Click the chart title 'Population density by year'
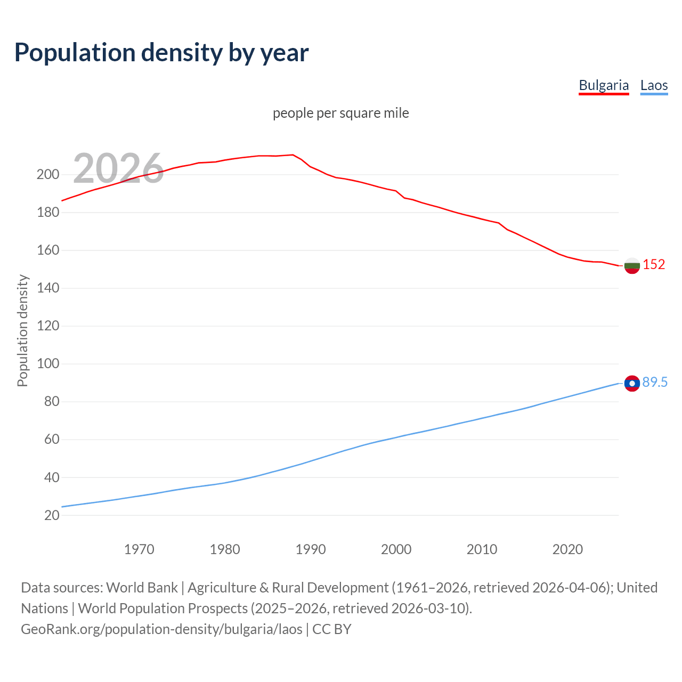tap(161, 53)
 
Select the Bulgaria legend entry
tap(604, 85)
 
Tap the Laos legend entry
tap(654, 85)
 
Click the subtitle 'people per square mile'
tap(340, 113)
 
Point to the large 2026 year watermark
tap(118, 168)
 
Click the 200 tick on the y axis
tap(48, 174)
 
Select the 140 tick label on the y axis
tap(48, 288)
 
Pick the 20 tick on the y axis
tap(52, 515)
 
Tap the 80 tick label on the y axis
tap(52, 402)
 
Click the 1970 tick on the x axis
tap(139, 549)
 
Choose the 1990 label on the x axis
tap(311, 549)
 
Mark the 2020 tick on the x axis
tap(567, 549)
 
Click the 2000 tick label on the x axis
tap(396, 549)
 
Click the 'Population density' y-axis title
tap(22, 330)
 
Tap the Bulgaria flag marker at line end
tap(632, 265)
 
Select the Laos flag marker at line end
tap(632, 383)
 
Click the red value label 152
tap(654, 264)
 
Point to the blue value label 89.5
tap(655, 382)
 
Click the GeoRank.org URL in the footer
tap(161, 629)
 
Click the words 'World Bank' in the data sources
tap(142, 587)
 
